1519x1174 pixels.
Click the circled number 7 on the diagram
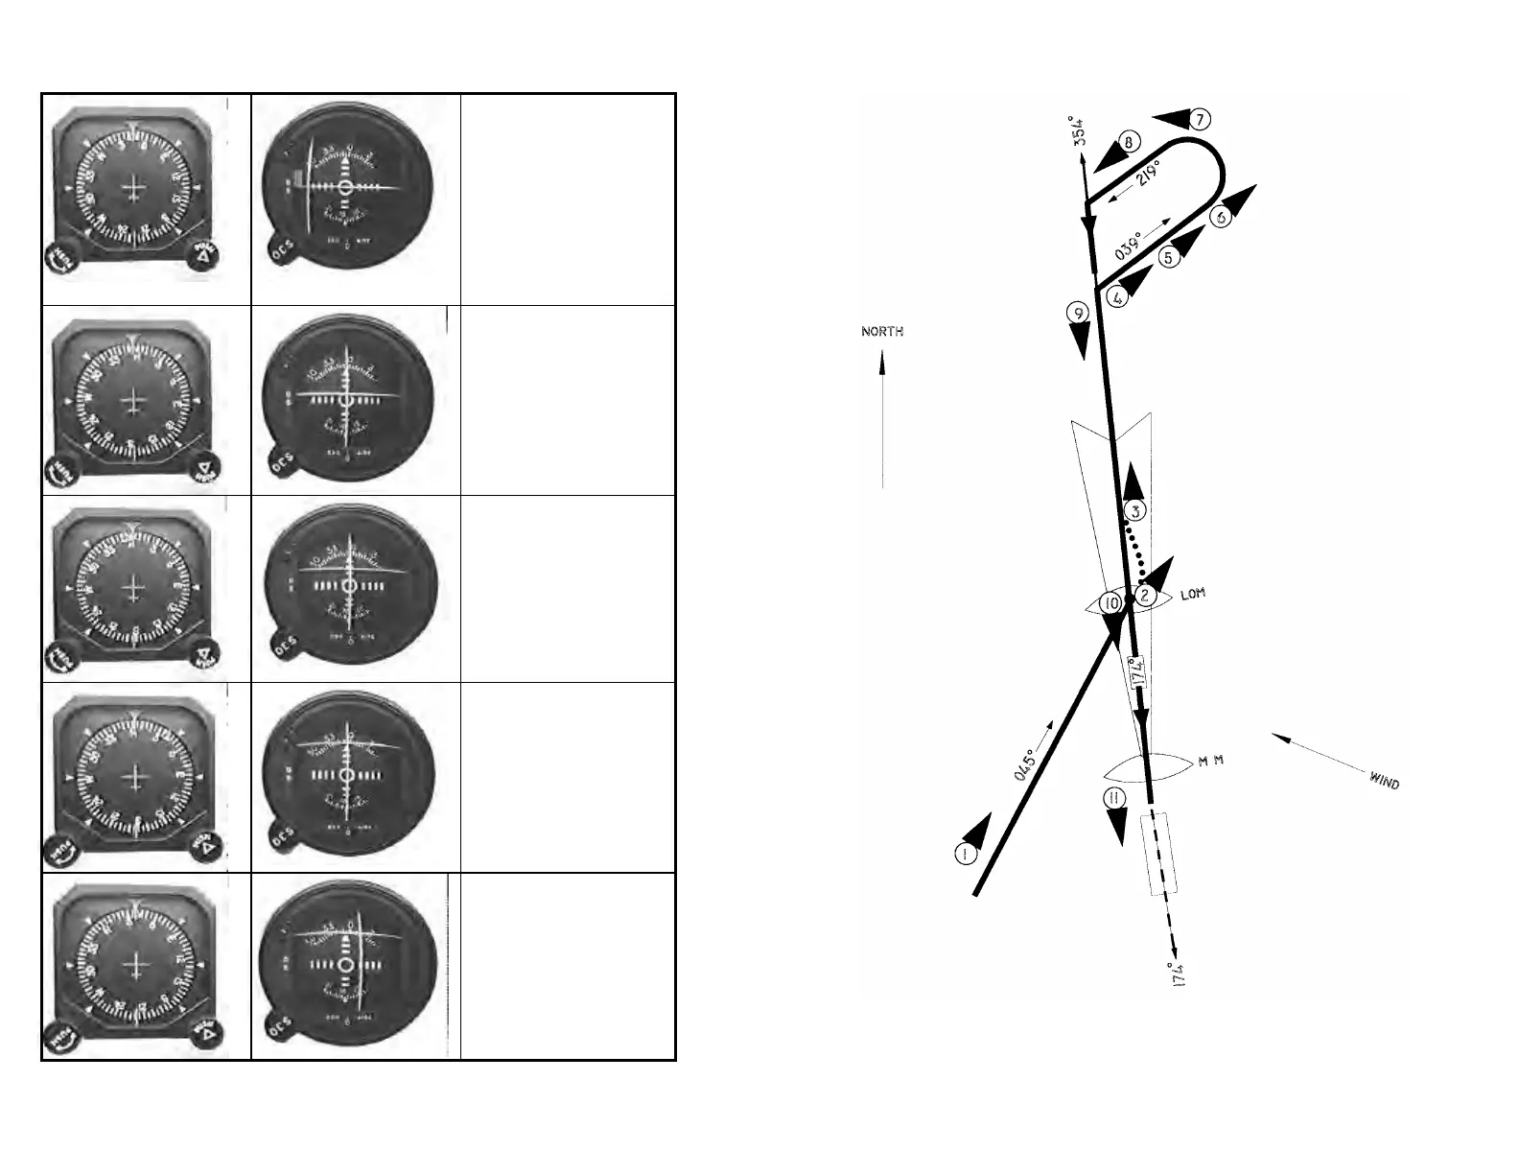(x=1200, y=120)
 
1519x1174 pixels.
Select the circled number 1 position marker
(x=965, y=854)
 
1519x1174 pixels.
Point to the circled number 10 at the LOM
(x=1110, y=603)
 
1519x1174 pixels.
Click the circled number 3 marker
(x=1134, y=511)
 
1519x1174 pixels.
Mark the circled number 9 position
(x=1079, y=314)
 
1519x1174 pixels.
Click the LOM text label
(x=1192, y=595)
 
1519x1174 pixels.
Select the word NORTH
(x=882, y=332)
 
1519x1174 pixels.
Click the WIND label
(x=1384, y=782)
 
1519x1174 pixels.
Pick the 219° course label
(x=1148, y=176)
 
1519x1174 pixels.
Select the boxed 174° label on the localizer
(x=1137, y=670)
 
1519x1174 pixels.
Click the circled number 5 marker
(x=1167, y=258)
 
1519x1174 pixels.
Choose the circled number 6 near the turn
(x=1221, y=217)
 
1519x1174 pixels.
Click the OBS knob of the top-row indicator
(x=281, y=257)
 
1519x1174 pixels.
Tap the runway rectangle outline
(x=1159, y=854)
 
